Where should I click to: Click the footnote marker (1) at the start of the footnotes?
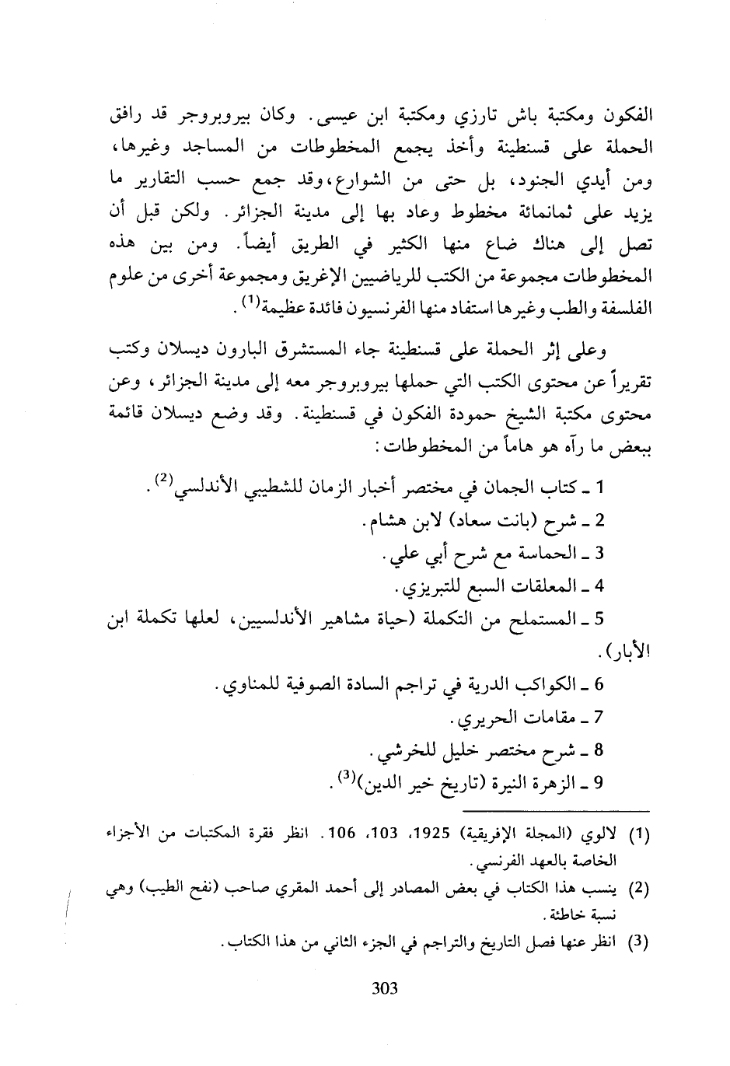(638, 837)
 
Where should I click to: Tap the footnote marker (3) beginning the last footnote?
(638, 943)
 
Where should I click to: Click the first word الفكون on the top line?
(625, 123)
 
